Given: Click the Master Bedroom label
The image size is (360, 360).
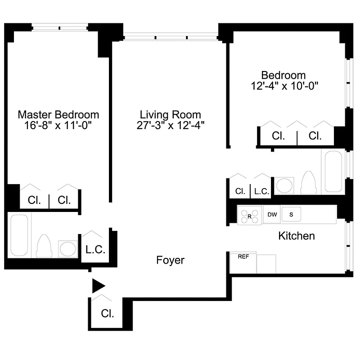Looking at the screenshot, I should click(58, 114).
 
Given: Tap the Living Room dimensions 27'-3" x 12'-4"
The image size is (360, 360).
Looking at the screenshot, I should click(171, 126).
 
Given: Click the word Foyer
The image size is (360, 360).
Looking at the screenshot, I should click(171, 260).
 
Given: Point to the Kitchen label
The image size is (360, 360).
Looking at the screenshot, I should click(297, 236).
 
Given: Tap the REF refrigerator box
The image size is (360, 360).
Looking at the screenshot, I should click(243, 262).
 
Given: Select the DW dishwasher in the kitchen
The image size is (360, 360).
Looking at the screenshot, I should click(272, 215).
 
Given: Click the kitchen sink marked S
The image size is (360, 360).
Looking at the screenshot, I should click(291, 215).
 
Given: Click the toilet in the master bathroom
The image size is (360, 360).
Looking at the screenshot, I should click(45, 246).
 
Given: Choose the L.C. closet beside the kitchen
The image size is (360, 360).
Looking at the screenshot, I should click(261, 191).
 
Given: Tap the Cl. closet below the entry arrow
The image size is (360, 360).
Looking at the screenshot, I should click(107, 313).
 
